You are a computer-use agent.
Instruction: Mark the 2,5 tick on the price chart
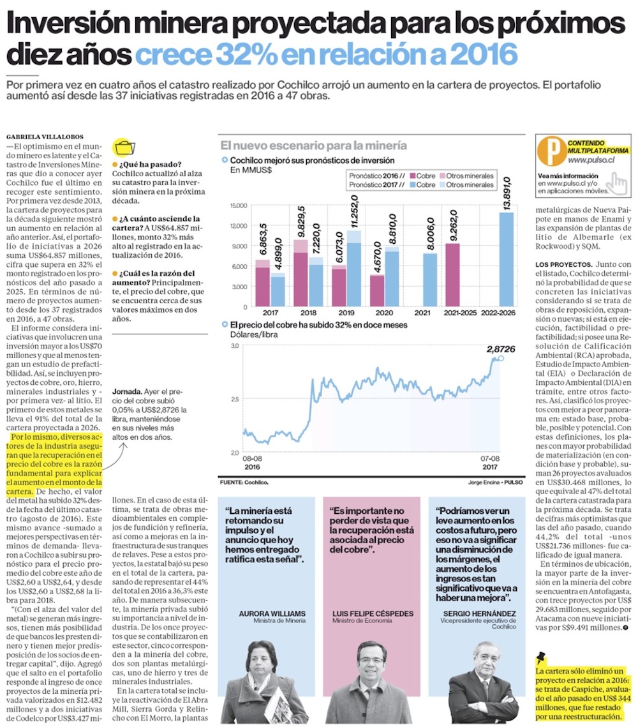[235, 400]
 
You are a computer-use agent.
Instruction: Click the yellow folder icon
[122, 147]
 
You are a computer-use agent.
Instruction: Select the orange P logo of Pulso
[549, 151]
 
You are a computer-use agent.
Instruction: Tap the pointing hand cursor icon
[616, 183]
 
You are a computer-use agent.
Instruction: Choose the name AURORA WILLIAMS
[272, 613]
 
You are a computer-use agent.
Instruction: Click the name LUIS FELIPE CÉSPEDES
[373, 613]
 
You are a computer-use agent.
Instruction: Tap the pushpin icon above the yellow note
[542, 657]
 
